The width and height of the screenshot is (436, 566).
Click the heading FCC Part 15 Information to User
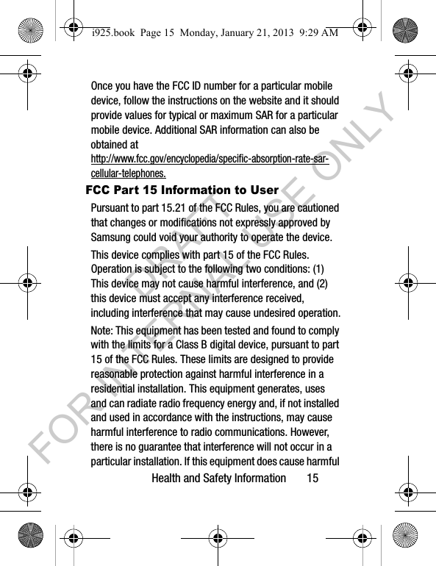[x=182, y=190]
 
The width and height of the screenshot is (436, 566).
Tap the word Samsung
[x=112, y=237]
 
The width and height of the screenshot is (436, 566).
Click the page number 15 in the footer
[x=313, y=479]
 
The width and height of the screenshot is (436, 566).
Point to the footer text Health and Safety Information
[x=218, y=479]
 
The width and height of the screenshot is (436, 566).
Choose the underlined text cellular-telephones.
[x=128, y=174]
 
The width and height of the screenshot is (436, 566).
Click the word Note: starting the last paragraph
[x=103, y=331]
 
